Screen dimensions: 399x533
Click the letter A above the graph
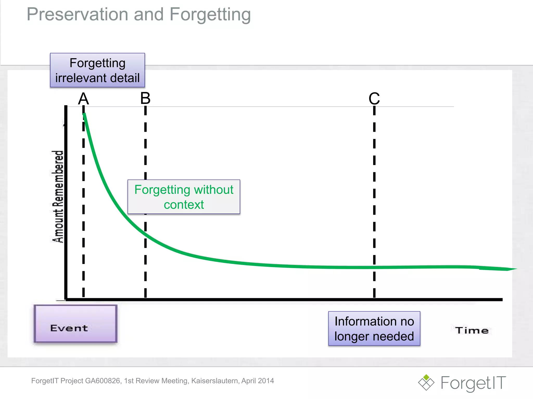pos(83,99)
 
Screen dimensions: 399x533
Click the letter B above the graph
pos(145,98)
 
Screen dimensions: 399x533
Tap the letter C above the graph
pos(374,99)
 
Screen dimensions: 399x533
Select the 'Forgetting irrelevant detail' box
pos(97,70)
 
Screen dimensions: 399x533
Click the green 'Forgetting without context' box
pos(184,197)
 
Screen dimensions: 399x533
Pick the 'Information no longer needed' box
pos(374,329)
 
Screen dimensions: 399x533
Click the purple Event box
pos(75,324)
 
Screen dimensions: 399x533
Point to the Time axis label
pos(472,330)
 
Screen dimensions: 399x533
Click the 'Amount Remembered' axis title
pos(58,197)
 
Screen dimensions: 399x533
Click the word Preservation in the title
pos(77,15)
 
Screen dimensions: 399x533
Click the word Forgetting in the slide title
pos(210,15)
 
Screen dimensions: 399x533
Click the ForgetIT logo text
pos(473,383)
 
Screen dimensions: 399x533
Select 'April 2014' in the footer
pos(257,381)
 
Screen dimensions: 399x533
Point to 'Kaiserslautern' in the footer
pos(215,381)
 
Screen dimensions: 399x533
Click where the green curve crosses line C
pos(374,267)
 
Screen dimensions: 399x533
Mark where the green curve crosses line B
pos(145,234)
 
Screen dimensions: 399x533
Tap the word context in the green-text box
pos(184,205)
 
